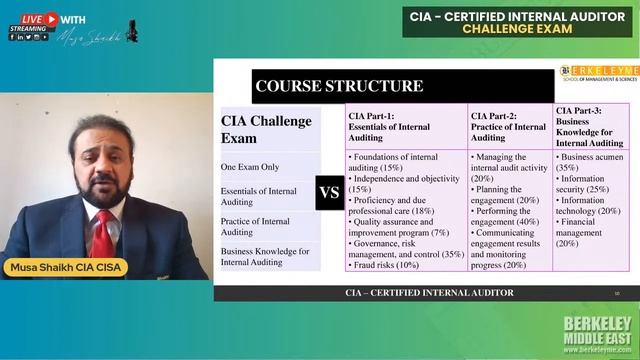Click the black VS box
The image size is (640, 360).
pyautogui.click(x=330, y=192)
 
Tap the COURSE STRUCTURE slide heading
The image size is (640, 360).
pyautogui.click(x=339, y=86)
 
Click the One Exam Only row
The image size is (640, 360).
pyautogui.click(x=250, y=167)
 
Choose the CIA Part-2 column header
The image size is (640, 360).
pyautogui.click(x=508, y=126)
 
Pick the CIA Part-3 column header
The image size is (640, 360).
pyautogui.click(x=590, y=126)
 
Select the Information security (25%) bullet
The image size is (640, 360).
pyautogui.click(x=590, y=183)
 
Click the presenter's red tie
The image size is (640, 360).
pyautogui.click(x=102, y=231)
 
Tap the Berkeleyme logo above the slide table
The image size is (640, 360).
pyautogui.click(x=597, y=74)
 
